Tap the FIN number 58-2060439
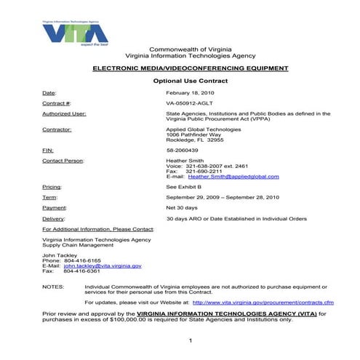click(x=182, y=150)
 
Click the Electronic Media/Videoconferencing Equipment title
click(x=190, y=68)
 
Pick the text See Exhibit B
click(x=184, y=187)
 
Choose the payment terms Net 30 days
click(x=182, y=208)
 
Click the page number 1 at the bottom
click(x=189, y=341)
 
